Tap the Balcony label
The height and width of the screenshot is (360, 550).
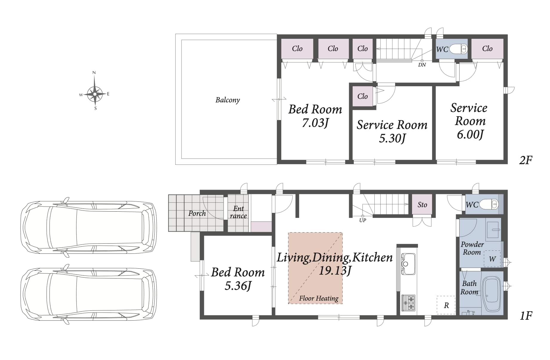[x=228, y=100]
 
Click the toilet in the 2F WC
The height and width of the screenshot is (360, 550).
[x=458, y=49]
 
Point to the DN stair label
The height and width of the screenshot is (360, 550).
[x=422, y=65]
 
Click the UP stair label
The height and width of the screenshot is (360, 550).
[x=362, y=220]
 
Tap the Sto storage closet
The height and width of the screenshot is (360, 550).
[x=422, y=204]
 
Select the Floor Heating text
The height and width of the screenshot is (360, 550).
[x=319, y=298]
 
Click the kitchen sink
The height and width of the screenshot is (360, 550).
[x=408, y=264]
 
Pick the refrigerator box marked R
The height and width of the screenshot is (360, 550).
[x=446, y=305]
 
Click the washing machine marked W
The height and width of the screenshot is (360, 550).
[x=492, y=259]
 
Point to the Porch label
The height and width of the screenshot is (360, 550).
[x=197, y=213]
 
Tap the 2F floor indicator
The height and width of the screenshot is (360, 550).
[x=526, y=160]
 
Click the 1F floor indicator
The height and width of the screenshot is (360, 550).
[x=526, y=316]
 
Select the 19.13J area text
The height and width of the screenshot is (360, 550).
[x=335, y=271]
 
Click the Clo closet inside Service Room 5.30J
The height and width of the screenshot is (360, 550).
[x=362, y=96]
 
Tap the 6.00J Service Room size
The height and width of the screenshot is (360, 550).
[x=470, y=134]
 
